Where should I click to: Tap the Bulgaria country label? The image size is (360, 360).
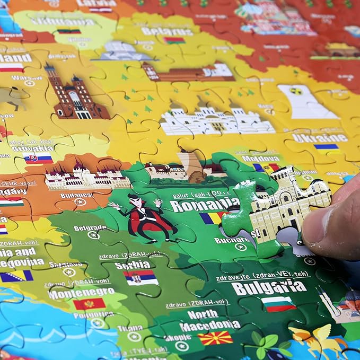pos(269,287)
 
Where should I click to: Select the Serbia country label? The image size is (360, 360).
pos(132,264)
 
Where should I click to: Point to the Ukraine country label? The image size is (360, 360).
pos(319,137)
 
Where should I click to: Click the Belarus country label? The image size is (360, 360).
pos(160,31)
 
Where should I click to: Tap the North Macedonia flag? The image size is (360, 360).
pos(215,338)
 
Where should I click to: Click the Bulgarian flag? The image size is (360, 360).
pos(278,304)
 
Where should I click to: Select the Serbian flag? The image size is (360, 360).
pos(141,277)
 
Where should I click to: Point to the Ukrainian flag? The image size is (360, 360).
pos(327,148)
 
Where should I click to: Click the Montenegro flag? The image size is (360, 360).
pos(89,304)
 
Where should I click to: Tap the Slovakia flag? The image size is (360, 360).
pos(38,158)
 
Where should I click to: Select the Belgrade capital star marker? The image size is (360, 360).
pos(93,235)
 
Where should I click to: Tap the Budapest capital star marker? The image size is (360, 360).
pos(80,202)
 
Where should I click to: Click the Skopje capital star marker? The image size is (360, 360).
pos(181,346)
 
